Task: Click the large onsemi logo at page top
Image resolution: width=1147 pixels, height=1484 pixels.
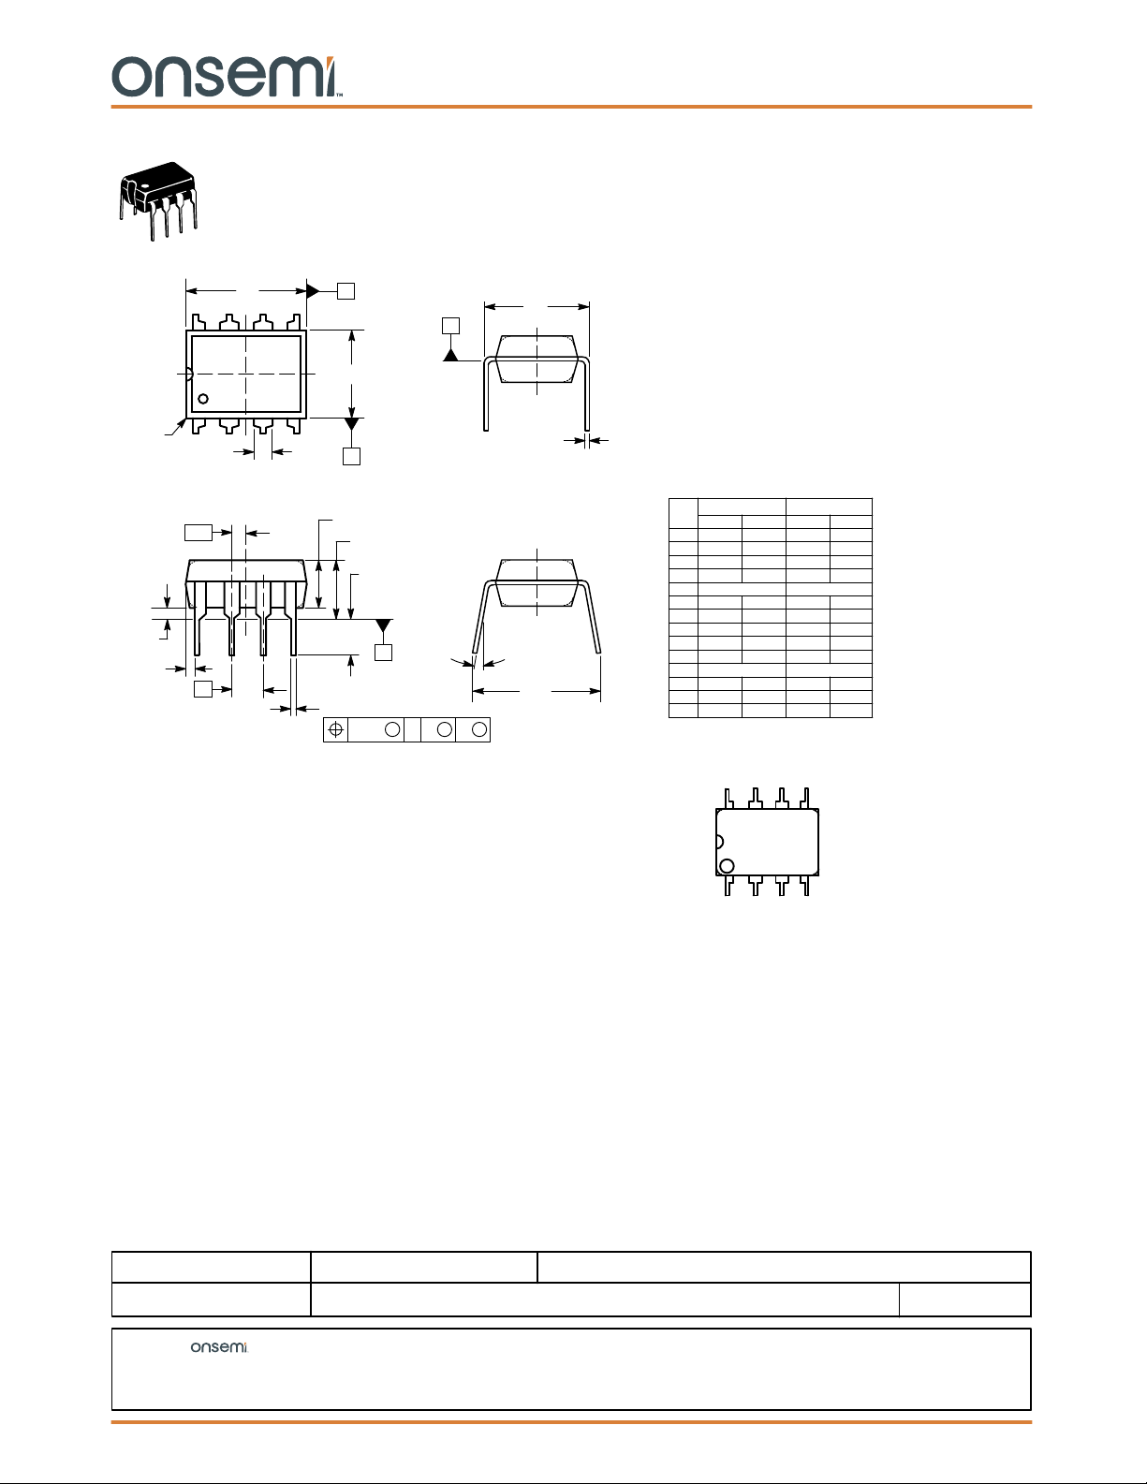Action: [x=227, y=77]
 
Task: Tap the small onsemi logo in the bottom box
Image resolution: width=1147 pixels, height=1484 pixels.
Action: [x=218, y=1346]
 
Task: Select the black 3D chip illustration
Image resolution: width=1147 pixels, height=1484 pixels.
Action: [x=158, y=200]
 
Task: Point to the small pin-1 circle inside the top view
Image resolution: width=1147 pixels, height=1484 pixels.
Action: [x=203, y=398]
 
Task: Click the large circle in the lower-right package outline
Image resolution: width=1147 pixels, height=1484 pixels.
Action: [x=728, y=866]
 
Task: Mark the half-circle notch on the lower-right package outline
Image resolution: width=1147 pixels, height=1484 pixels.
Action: [x=720, y=842]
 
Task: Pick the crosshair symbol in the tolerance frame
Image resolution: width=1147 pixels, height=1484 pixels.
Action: [x=335, y=729]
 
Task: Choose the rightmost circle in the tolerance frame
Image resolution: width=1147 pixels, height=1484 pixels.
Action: [x=479, y=729]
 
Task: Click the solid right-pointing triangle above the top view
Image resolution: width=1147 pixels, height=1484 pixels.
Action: [x=313, y=291]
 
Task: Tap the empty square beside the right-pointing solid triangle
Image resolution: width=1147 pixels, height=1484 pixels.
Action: [x=346, y=291]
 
